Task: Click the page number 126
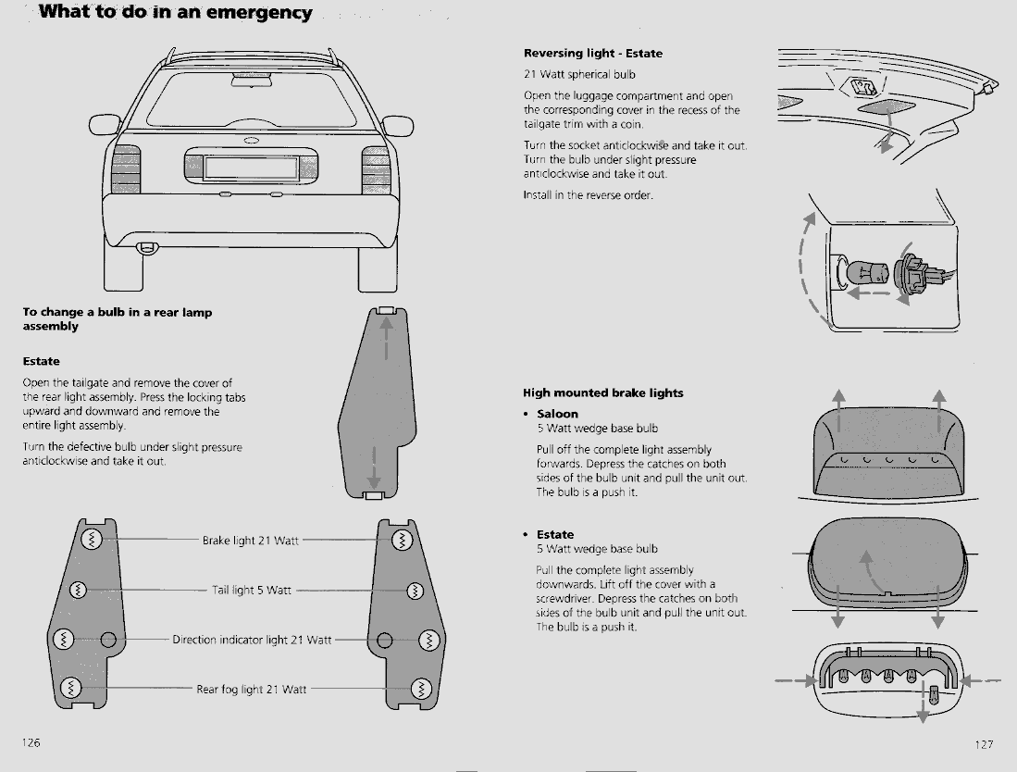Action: (x=31, y=743)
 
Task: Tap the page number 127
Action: (x=984, y=744)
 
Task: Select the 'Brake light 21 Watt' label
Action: (x=250, y=541)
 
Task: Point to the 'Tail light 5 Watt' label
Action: (x=252, y=590)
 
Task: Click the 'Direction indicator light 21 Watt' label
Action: (x=252, y=640)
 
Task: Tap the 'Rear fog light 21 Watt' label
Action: (x=251, y=690)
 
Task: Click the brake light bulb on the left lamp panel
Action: (x=91, y=541)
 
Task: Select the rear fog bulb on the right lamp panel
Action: (x=421, y=689)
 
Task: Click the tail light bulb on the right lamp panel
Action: (x=415, y=590)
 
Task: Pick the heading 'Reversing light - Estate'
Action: (x=592, y=54)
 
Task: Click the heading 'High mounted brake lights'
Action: (x=602, y=392)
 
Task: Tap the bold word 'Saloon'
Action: (x=557, y=414)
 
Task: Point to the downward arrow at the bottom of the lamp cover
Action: (x=375, y=477)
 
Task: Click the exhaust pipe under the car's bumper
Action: (x=145, y=247)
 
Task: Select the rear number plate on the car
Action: (x=251, y=168)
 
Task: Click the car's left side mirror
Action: (x=105, y=125)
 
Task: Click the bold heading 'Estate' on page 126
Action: (x=41, y=361)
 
